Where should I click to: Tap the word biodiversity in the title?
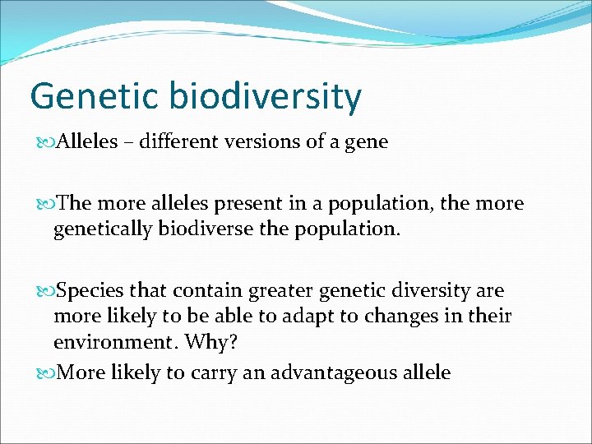click(x=266, y=97)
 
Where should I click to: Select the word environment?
click(x=114, y=340)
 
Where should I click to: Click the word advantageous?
click(x=349, y=372)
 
